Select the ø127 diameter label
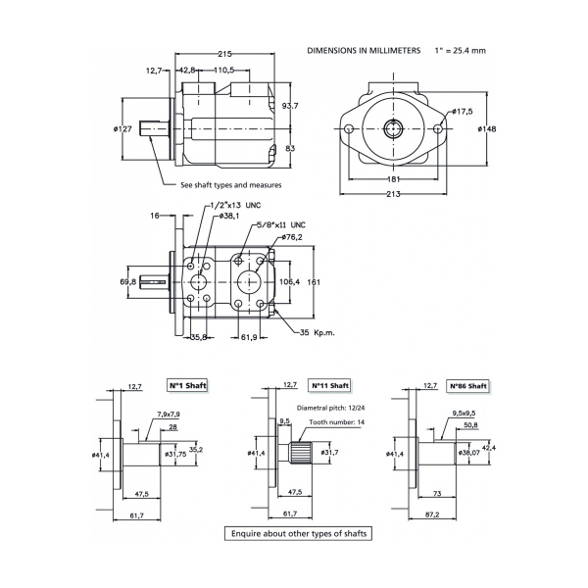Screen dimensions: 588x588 click(123, 128)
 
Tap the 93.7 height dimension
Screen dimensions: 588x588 click(290, 105)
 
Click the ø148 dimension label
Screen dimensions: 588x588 click(487, 128)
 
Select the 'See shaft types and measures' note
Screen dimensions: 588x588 click(231, 184)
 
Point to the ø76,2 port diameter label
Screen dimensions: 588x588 click(293, 237)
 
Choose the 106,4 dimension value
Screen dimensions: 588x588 click(291, 281)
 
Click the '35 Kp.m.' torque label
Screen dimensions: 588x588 click(317, 333)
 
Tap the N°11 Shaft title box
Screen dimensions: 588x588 click(329, 386)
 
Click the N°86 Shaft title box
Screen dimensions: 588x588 click(468, 386)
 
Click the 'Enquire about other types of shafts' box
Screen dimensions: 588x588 click(294, 534)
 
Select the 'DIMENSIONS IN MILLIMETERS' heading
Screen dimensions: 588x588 click(365, 49)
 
